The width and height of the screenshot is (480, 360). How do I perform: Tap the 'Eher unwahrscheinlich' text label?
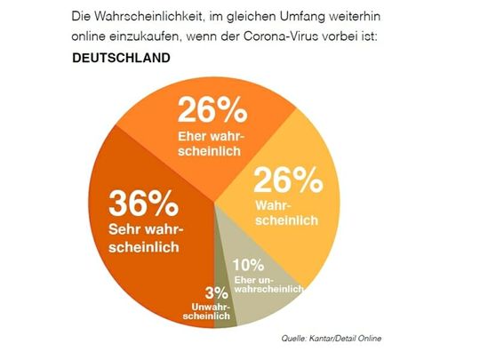[x=268, y=284]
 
